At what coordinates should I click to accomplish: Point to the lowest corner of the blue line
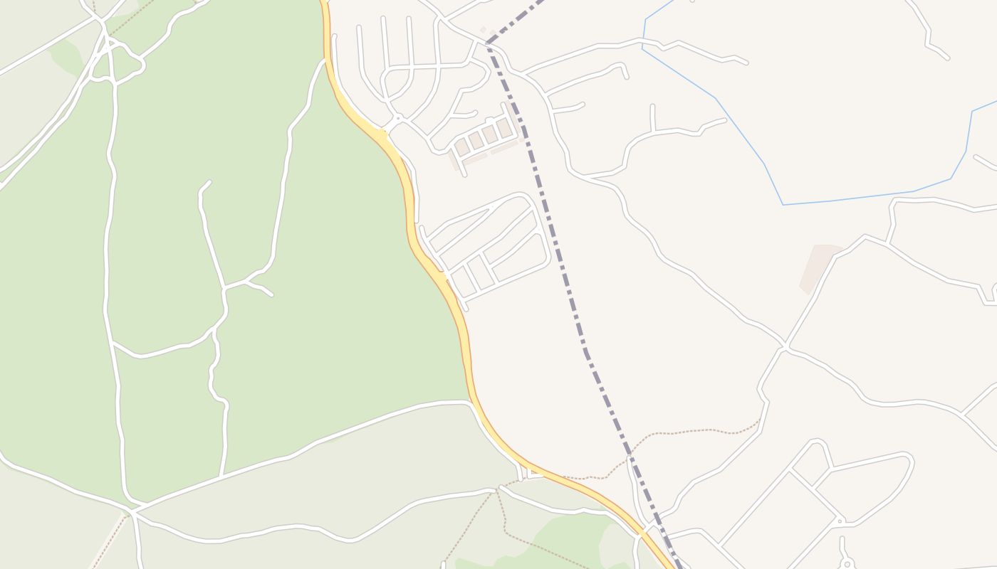(783, 205)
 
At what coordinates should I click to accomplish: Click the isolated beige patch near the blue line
(818, 265)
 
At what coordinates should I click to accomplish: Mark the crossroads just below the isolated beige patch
(785, 347)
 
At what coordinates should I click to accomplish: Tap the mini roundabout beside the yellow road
(398, 118)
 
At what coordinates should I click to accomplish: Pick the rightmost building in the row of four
(504, 128)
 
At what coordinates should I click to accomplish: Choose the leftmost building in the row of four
(461, 147)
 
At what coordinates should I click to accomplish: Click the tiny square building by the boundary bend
(483, 29)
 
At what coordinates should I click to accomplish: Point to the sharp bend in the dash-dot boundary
(488, 43)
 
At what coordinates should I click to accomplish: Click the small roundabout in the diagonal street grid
(840, 521)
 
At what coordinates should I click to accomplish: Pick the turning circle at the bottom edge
(847, 565)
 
